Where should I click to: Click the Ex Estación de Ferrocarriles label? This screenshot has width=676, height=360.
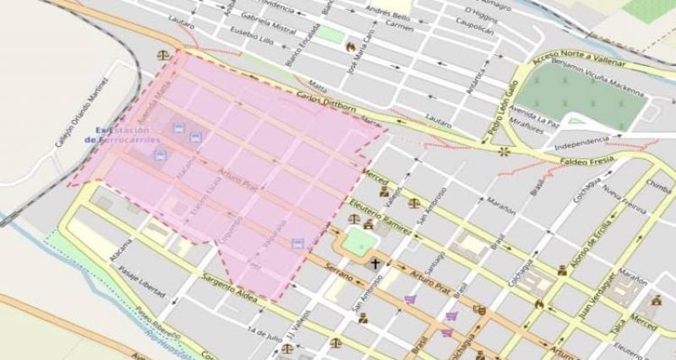coord(123,134)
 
